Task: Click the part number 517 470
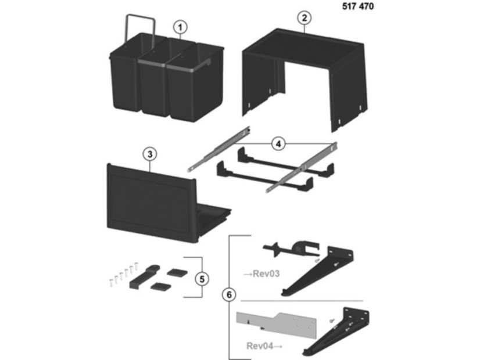(x=358, y=6)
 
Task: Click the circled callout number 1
(x=180, y=27)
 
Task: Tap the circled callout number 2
(x=305, y=18)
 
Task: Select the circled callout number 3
(x=150, y=154)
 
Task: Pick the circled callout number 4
(x=278, y=144)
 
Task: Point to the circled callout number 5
(x=202, y=279)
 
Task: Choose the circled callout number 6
(x=229, y=295)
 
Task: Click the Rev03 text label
(x=266, y=273)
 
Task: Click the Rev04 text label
(x=260, y=346)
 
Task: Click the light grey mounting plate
(x=276, y=324)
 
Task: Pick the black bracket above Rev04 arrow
(x=336, y=333)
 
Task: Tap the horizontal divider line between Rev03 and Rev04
(x=302, y=301)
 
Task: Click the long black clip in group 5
(x=144, y=277)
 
